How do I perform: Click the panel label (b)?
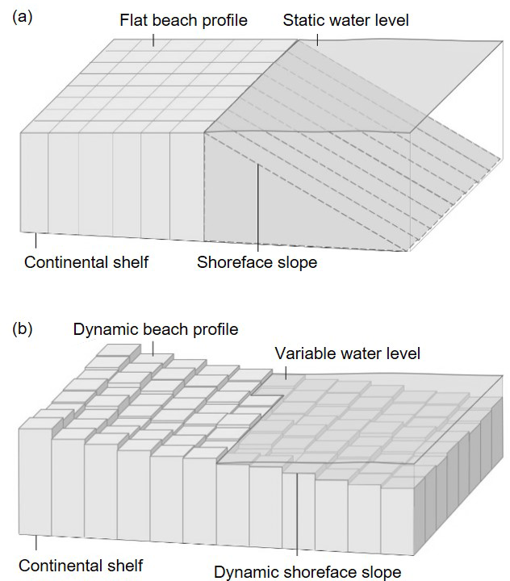[x=23, y=329]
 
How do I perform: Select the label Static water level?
[x=345, y=19]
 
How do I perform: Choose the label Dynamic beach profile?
[x=156, y=329]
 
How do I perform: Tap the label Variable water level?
[x=347, y=353]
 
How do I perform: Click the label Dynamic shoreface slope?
[x=307, y=572]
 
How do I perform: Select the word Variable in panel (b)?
[x=302, y=353]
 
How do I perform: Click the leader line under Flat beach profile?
[x=155, y=37]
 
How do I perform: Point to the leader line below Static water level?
[x=318, y=38]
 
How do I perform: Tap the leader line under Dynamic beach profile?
[x=153, y=347]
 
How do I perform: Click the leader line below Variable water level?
[x=286, y=371]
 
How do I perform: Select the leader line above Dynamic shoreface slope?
[x=298, y=516]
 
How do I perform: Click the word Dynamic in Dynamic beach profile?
[x=102, y=329]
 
